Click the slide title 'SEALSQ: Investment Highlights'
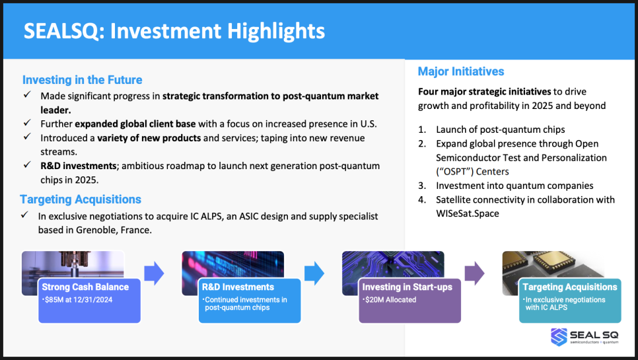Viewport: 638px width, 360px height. (x=174, y=31)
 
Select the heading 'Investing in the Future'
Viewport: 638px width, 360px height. (x=82, y=80)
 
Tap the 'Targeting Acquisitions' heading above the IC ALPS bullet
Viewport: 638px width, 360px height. (x=81, y=199)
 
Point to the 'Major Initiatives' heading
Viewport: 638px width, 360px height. (x=461, y=71)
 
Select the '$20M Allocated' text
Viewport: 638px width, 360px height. (x=389, y=300)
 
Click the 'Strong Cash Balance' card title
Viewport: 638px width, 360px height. (x=85, y=287)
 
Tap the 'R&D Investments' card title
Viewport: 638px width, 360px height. (x=238, y=287)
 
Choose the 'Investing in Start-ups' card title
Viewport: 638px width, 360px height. (x=408, y=287)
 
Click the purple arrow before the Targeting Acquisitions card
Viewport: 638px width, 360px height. (x=474, y=273)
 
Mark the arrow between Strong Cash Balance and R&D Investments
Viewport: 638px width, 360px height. (x=154, y=273)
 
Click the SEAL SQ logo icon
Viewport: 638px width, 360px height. (x=559, y=337)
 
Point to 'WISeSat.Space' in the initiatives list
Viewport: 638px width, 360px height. (x=468, y=213)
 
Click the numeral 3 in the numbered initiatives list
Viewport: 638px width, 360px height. (x=421, y=186)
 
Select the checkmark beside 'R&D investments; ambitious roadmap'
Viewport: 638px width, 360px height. (x=27, y=164)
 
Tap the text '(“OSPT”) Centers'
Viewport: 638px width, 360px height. (x=472, y=172)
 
